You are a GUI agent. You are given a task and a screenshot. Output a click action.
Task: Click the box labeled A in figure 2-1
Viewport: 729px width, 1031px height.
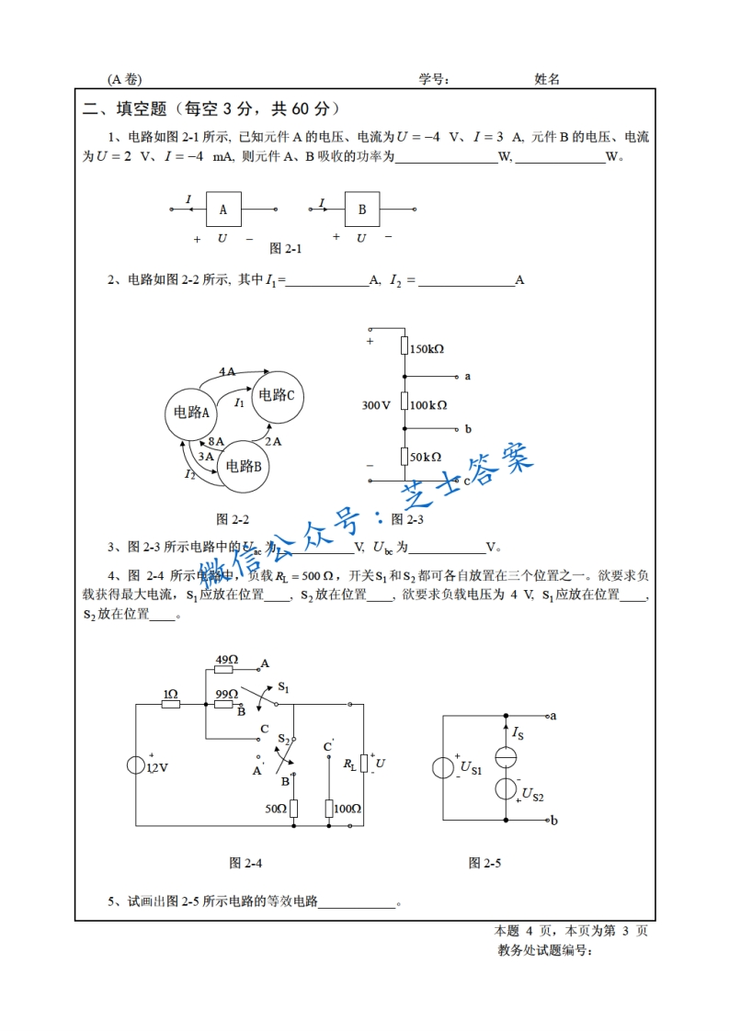click(223, 210)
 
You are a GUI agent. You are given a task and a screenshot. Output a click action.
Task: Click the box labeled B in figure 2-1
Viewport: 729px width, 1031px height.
click(362, 210)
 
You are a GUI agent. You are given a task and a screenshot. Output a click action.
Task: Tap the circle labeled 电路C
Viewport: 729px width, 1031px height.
click(277, 395)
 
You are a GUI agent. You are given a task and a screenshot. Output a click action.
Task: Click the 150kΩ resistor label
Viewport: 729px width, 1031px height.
click(427, 349)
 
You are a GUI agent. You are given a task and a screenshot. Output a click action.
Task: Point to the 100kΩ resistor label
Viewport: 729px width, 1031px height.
click(429, 404)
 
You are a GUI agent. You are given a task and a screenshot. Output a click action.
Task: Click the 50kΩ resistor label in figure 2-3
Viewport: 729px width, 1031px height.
click(426, 457)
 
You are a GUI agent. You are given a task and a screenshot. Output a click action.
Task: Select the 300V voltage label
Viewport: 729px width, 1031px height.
click(377, 404)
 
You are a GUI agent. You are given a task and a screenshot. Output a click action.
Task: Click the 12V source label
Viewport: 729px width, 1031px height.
click(158, 767)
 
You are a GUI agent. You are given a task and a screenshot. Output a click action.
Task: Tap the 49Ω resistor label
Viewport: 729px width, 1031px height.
click(227, 660)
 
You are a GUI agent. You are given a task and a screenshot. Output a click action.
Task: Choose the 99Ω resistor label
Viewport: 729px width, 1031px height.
click(227, 694)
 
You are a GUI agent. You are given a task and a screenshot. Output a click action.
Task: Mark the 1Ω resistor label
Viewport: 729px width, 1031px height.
click(170, 694)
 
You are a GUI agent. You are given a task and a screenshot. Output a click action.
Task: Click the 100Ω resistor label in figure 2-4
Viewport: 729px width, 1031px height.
click(347, 809)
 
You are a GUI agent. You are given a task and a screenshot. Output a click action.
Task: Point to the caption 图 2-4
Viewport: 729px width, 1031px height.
click(245, 863)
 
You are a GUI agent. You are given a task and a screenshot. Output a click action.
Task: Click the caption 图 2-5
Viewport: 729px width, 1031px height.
click(485, 863)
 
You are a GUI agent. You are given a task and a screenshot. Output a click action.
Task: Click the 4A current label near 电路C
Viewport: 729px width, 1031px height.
click(227, 371)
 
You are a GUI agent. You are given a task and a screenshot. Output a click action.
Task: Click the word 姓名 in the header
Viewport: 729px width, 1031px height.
click(547, 79)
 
